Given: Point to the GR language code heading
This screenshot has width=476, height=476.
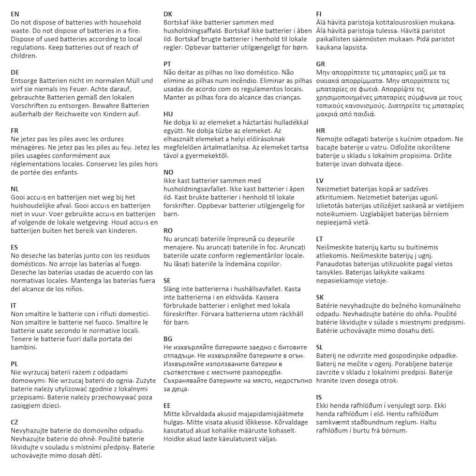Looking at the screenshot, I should (x=320, y=64).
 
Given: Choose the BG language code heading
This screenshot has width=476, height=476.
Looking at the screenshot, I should (x=167, y=339).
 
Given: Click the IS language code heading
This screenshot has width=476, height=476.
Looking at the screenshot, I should (x=319, y=397).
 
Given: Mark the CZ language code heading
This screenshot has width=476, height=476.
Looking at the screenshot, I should (x=14, y=422).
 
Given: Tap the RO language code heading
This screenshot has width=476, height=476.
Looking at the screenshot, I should (x=168, y=230).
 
